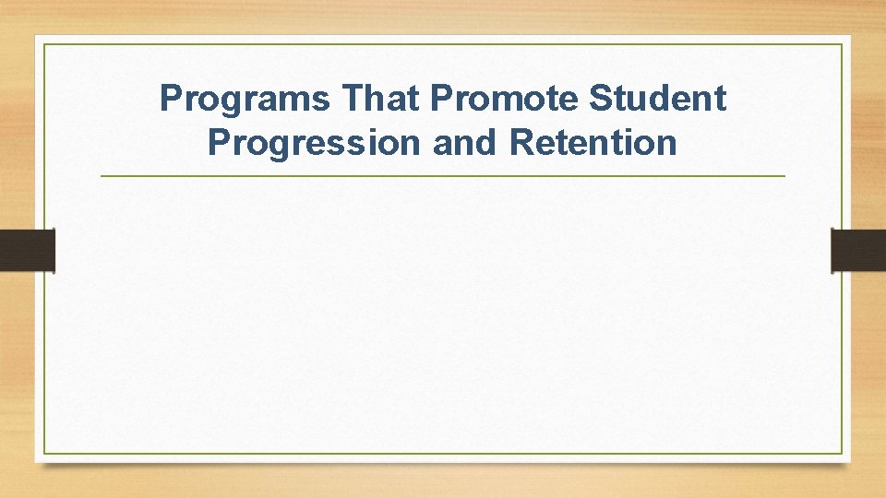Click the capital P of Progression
pos(217,143)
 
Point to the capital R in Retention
pos(521,143)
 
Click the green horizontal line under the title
pos(443,175)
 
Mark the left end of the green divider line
pos(102,175)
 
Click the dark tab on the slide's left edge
pos(28,250)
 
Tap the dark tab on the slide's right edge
pos(858,250)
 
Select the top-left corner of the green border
pos(44,44)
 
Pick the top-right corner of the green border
pos(843,44)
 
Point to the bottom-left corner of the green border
pos(44,453)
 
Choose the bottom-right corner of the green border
pos(843,453)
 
